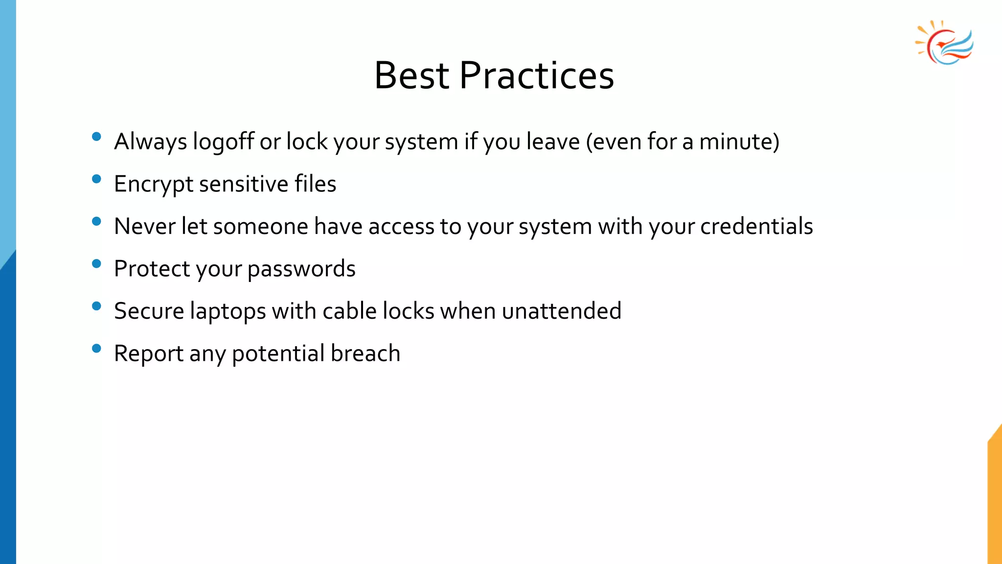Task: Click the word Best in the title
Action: click(x=411, y=76)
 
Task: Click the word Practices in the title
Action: click(x=537, y=76)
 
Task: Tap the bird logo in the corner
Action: click(x=945, y=43)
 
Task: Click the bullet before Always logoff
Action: click(x=96, y=137)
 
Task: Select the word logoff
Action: click(x=223, y=142)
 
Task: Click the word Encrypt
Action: click(x=154, y=185)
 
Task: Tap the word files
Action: click(x=315, y=184)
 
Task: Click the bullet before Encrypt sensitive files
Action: click(x=96, y=179)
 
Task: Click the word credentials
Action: click(x=756, y=227)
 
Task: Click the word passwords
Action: click(x=301, y=269)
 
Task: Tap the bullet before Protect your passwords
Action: click(x=96, y=264)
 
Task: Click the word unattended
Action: click(x=562, y=311)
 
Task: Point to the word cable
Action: click(x=349, y=311)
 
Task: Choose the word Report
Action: click(x=149, y=354)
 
